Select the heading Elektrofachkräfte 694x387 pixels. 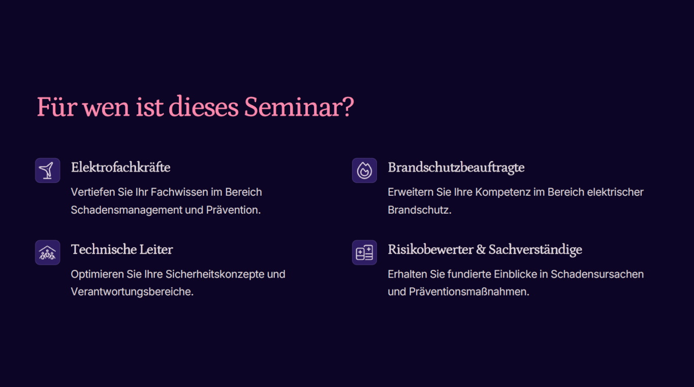(120, 167)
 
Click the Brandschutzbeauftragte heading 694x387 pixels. (456, 168)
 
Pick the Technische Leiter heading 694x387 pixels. (122, 249)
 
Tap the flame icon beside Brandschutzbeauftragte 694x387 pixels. (364, 170)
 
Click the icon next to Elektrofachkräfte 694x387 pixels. (47, 170)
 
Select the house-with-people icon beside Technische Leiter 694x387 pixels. (47, 252)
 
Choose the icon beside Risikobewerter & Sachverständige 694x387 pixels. (364, 252)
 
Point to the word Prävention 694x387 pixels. (233, 210)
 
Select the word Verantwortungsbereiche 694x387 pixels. (132, 292)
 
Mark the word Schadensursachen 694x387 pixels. (597, 274)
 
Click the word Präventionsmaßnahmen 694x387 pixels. (469, 292)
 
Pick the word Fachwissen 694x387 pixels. (179, 192)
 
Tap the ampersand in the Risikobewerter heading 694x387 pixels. (481, 249)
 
